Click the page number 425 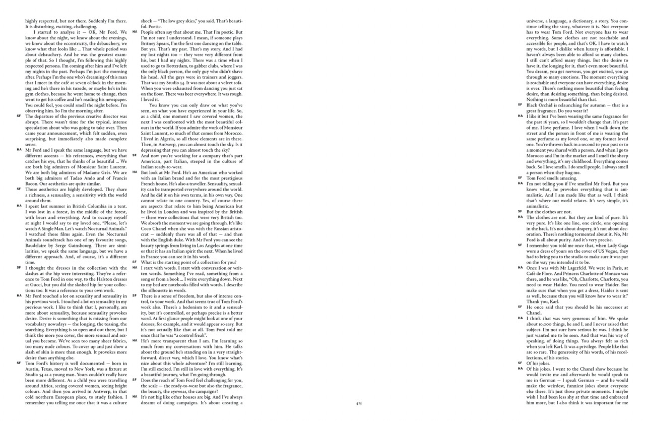point(359,403)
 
